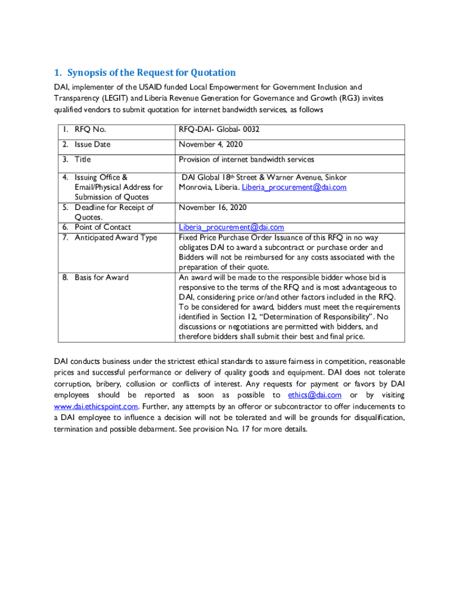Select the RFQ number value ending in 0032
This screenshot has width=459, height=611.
pyautogui.click(x=219, y=129)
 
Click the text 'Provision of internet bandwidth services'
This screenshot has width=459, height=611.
pyautogui.click(x=246, y=159)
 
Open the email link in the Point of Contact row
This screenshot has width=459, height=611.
pyautogui.click(x=231, y=227)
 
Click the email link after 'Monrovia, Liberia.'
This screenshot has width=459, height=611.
pyautogui.click(x=294, y=187)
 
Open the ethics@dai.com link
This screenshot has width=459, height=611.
pyautogui.click(x=314, y=395)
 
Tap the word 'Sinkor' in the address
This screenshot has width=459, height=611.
pyautogui.click(x=334, y=177)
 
